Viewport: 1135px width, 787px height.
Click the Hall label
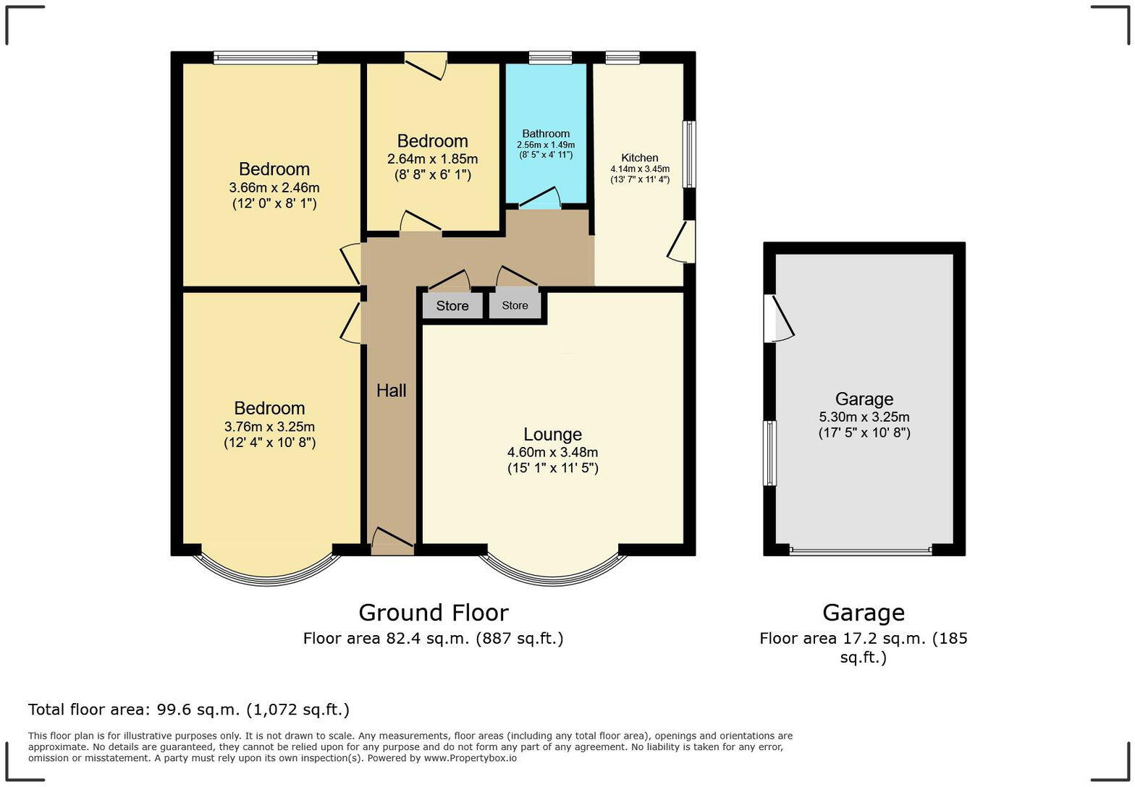click(391, 391)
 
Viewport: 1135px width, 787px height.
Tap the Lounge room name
click(552, 434)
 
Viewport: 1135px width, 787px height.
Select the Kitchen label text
click(639, 158)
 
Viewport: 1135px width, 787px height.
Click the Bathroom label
click(546, 134)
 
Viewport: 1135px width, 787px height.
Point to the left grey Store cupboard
click(452, 306)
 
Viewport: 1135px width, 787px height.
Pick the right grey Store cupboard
click(515, 305)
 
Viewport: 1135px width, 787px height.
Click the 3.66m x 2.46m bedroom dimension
click(274, 187)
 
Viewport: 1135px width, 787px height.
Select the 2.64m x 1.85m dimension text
click(432, 159)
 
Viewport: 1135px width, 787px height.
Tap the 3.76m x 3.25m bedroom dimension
click(269, 427)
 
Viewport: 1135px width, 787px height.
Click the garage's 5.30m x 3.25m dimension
click(864, 417)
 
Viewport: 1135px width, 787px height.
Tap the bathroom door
click(539, 199)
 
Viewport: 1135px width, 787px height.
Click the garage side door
click(779, 318)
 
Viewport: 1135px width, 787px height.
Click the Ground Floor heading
click(433, 613)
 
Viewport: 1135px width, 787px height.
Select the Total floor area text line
click(189, 710)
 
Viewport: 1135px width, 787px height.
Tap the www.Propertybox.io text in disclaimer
click(470, 758)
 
